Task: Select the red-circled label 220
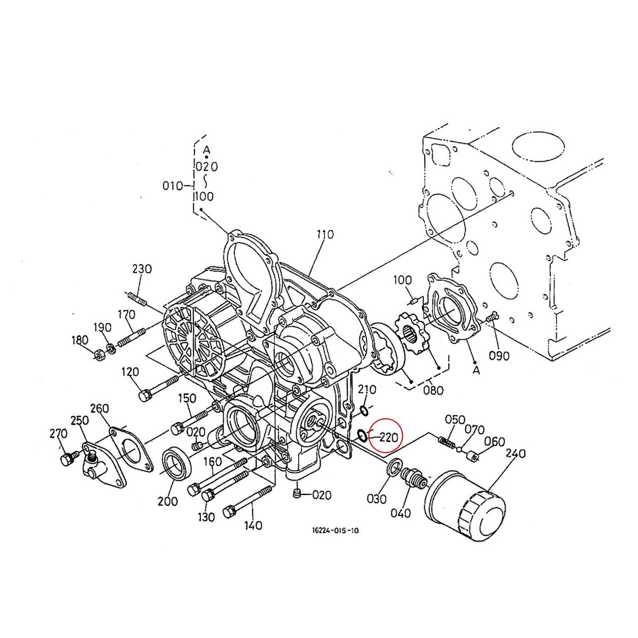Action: pos(388,438)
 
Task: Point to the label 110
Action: pos(324,234)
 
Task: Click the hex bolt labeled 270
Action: pos(66,459)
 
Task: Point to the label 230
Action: pos(142,269)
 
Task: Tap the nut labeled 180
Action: pos(98,354)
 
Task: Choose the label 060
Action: pos(494,442)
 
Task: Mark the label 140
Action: pos(253,525)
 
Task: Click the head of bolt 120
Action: pos(144,396)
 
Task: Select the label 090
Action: pos(499,356)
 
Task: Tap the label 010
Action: pos(172,186)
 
